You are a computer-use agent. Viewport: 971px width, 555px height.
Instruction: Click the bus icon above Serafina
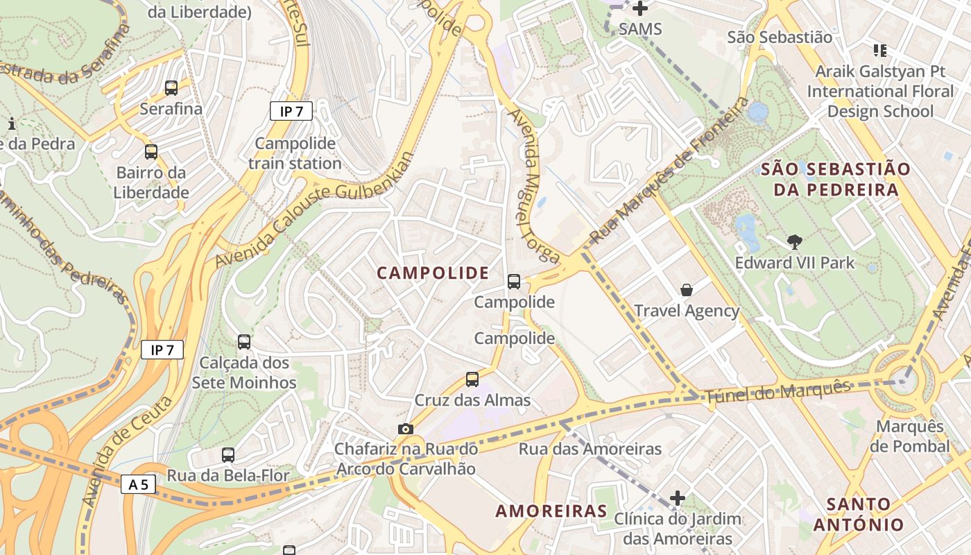171,88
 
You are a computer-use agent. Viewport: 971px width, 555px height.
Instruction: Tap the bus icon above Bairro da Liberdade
151,152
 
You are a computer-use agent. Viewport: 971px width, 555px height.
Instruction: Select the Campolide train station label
295,153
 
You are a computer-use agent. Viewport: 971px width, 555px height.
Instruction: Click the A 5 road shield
138,484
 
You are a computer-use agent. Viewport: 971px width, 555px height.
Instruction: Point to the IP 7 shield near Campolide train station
291,111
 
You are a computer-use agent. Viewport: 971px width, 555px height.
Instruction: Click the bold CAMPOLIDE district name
433,273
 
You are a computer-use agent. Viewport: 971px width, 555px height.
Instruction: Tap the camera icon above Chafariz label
406,429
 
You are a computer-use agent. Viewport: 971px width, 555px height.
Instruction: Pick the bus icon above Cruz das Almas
472,379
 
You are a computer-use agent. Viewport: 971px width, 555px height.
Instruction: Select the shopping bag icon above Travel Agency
687,290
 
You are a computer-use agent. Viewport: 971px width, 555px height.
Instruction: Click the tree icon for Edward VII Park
795,242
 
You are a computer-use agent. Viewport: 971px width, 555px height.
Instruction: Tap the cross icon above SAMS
640,9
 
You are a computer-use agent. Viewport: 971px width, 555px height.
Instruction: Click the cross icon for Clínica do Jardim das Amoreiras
678,498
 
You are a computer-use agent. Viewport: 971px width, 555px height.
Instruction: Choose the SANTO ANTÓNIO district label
859,514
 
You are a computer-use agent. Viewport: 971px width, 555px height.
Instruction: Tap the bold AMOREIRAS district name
551,512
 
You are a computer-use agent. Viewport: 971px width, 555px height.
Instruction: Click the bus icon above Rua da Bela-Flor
228,455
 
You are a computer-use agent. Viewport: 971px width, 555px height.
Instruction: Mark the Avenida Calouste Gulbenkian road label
314,210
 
